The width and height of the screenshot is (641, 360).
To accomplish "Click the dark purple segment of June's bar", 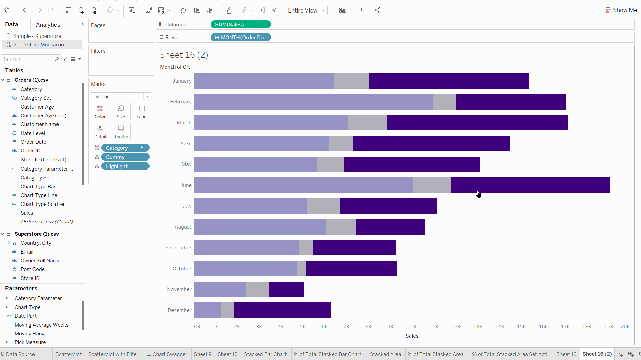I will click(x=530, y=185).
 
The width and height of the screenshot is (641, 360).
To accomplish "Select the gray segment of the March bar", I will click(x=367, y=122).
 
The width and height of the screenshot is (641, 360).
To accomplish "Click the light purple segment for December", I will click(x=207, y=310).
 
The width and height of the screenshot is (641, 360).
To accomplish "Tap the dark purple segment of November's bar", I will click(x=286, y=289).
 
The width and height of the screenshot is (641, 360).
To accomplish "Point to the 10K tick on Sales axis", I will click(x=412, y=327).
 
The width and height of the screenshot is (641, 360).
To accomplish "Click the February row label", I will click(x=181, y=102).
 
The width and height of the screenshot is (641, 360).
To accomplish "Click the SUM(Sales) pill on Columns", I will click(x=240, y=24).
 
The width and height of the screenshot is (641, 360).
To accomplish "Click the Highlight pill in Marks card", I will click(x=125, y=166).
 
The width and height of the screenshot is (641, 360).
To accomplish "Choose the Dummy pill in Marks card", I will click(x=125, y=157).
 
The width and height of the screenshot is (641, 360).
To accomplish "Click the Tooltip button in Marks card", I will click(x=121, y=131).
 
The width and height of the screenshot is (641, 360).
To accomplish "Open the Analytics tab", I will click(x=48, y=25).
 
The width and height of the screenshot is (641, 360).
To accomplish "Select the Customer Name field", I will click(x=40, y=124).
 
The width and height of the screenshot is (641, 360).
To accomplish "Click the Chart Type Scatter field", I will click(x=42, y=204).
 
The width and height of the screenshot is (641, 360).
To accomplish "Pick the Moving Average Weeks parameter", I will click(x=41, y=325).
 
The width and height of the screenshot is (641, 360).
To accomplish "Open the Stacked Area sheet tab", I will click(x=385, y=354).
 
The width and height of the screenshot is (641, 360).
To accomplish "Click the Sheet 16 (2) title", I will click(x=184, y=55).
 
